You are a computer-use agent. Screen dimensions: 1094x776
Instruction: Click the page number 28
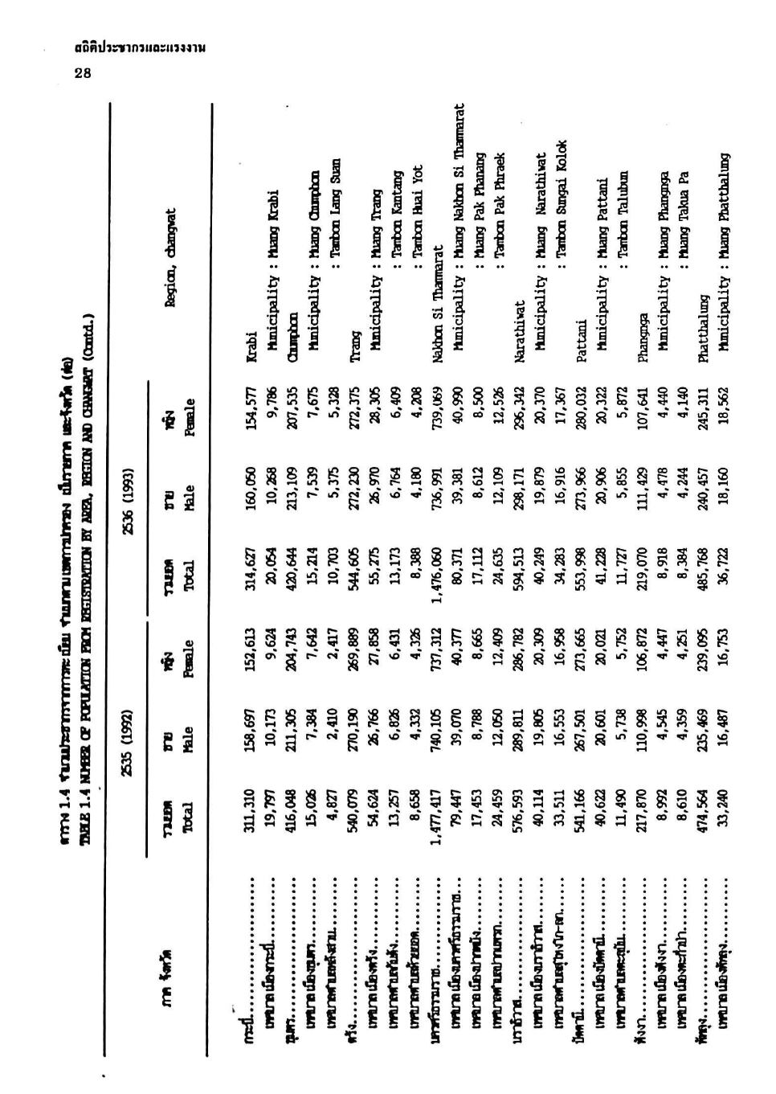83,74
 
